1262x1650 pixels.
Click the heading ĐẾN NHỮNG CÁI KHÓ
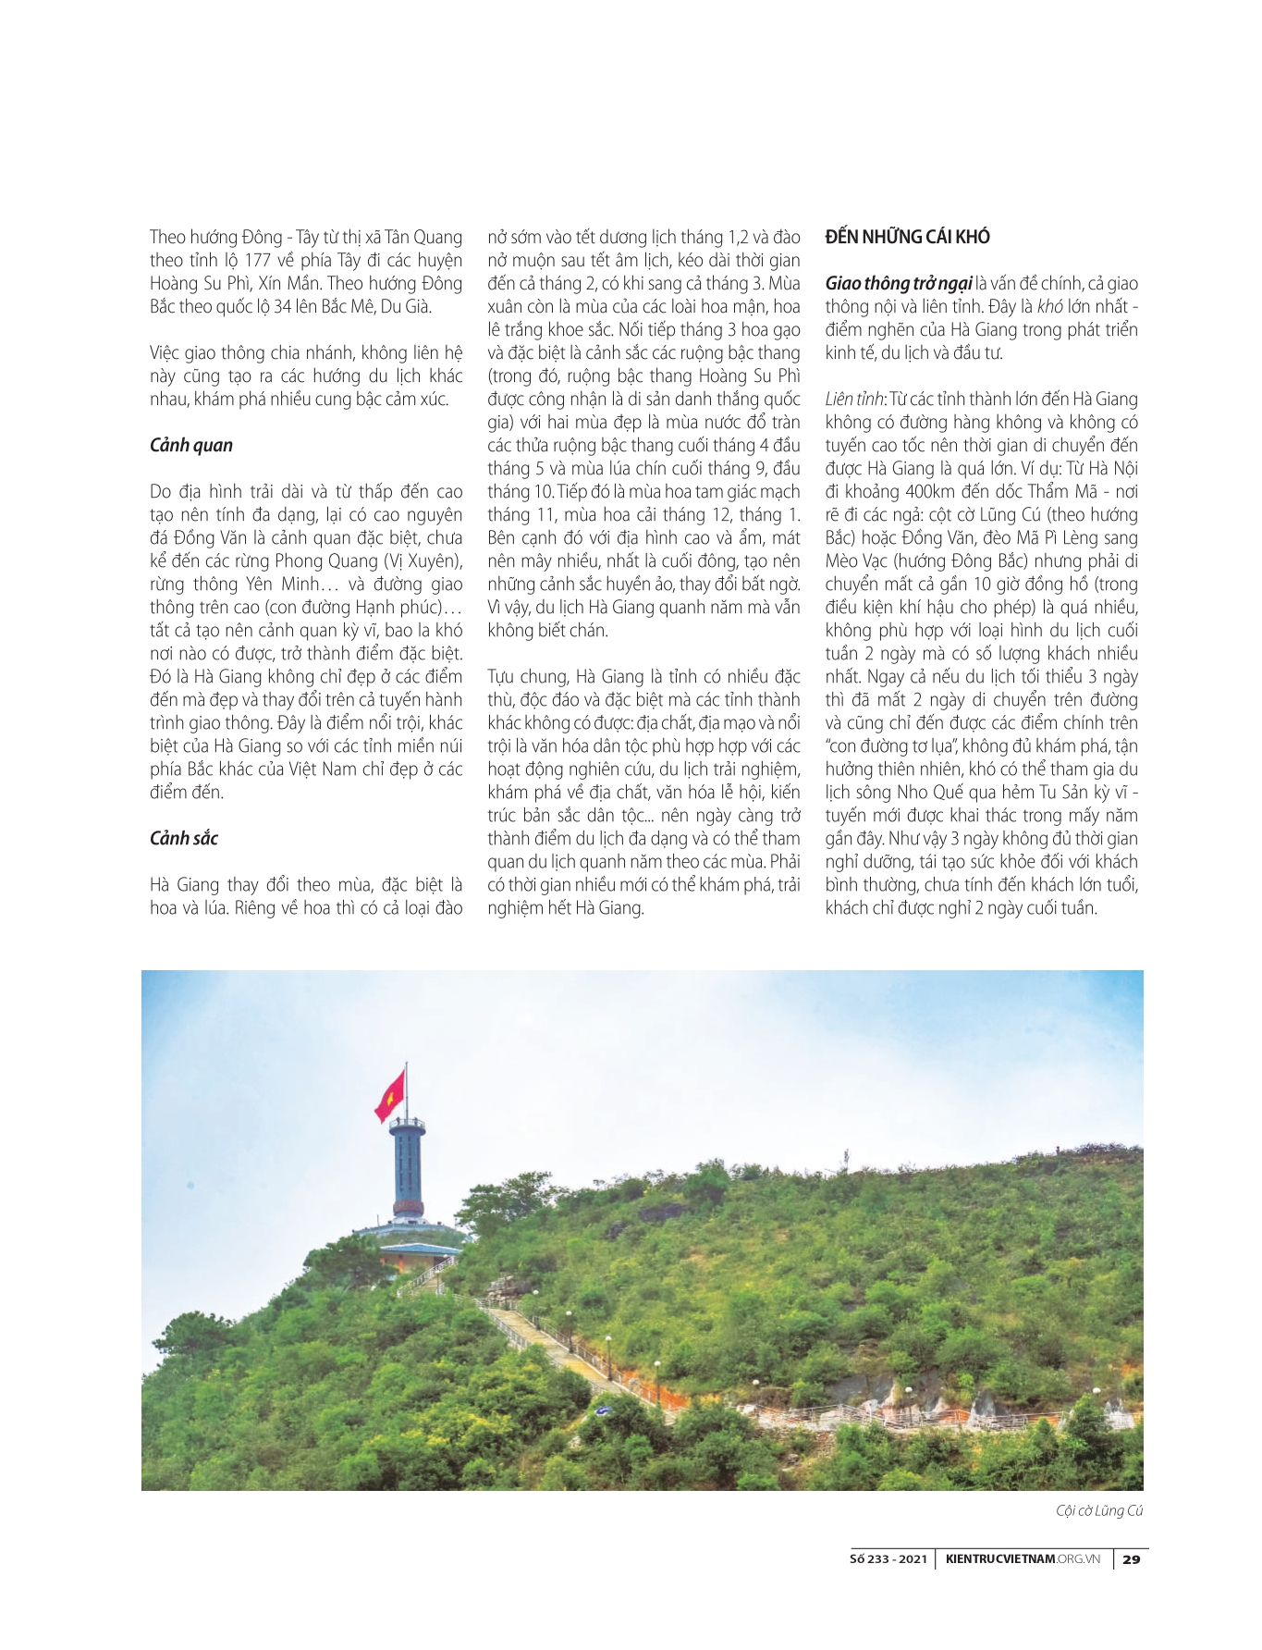[x=907, y=237]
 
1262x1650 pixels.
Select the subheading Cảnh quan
[x=191, y=445]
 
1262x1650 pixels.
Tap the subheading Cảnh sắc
[x=184, y=838]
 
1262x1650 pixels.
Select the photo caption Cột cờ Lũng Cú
[x=1099, y=1510]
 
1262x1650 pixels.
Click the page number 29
[x=1131, y=1558]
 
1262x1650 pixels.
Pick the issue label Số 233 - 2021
[x=888, y=1558]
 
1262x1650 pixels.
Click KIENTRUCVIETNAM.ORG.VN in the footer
[x=1023, y=1558]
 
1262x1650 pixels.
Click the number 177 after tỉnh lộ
[x=257, y=260]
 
